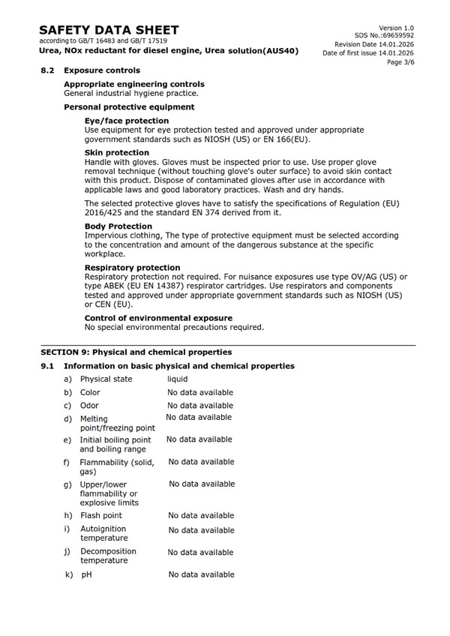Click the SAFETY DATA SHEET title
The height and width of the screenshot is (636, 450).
(x=109, y=29)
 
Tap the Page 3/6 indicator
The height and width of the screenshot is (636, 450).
(x=400, y=62)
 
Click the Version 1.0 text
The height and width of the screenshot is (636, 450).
(x=396, y=27)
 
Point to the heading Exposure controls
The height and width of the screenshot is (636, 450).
(x=101, y=70)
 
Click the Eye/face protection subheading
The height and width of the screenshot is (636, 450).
(x=127, y=121)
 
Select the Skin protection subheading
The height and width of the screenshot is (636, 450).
(x=116, y=153)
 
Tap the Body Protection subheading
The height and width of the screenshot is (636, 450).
(x=118, y=226)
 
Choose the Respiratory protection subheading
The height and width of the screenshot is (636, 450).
(x=132, y=268)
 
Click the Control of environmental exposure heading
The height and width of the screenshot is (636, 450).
(x=158, y=318)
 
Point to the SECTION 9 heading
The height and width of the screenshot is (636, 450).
(x=136, y=352)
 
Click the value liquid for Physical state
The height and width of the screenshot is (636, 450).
(x=177, y=379)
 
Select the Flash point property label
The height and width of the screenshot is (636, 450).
(x=101, y=515)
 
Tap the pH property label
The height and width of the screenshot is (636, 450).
(x=85, y=574)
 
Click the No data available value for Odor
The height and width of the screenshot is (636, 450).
(x=200, y=406)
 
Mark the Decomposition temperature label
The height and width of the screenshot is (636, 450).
(x=109, y=556)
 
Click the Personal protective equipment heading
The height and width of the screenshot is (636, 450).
(x=129, y=107)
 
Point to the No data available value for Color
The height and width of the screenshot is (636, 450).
(x=200, y=392)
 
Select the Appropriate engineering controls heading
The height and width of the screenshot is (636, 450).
(x=133, y=84)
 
